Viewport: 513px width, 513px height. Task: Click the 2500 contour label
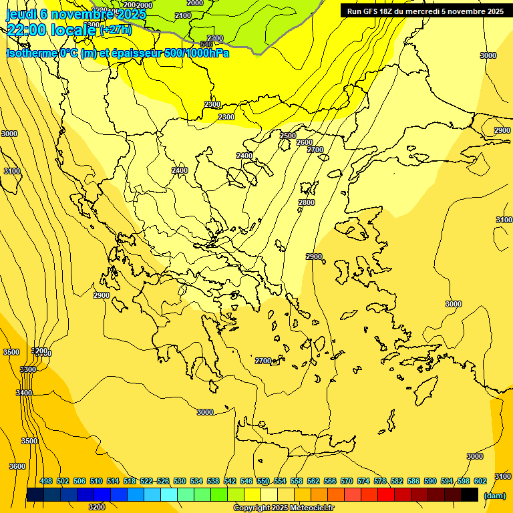click(288, 136)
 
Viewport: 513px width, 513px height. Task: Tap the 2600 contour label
click(304, 142)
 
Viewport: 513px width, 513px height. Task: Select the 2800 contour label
click(307, 202)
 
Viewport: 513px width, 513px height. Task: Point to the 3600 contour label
click(17, 466)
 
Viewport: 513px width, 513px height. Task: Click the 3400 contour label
click(24, 393)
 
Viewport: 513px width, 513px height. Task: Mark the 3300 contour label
click(28, 369)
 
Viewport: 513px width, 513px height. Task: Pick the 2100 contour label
click(182, 15)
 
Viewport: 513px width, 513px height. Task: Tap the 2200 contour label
click(215, 38)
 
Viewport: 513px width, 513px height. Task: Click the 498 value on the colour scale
click(46, 481)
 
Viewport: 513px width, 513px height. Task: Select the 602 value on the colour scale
click(480, 481)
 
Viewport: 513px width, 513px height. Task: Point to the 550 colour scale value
click(263, 481)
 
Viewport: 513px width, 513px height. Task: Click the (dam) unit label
click(494, 496)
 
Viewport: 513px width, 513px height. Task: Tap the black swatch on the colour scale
click(469, 495)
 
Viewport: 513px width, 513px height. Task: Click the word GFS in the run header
click(371, 11)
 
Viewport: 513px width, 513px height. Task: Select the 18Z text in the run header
click(388, 11)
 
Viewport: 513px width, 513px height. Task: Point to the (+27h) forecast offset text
click(116, 30)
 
